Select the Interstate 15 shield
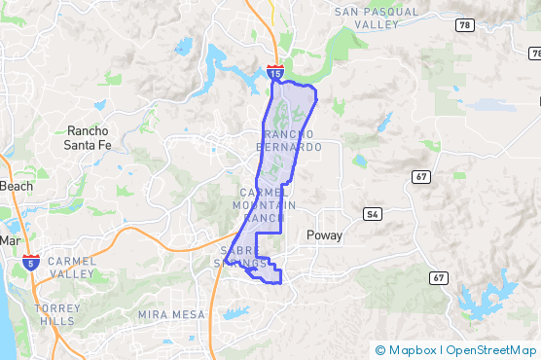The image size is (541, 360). pyautogui.click(x=275, y=72)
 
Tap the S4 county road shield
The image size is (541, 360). pyautogui.click(x=372, y=213)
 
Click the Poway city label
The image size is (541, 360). pyautogui.click(x=325, y=235)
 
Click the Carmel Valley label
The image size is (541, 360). pyautogui.click(x=72, y=268)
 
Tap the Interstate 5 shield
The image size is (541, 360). pyautogui.click(x=32, y=262)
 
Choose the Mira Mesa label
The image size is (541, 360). pyautogui.click(x=171, y=314)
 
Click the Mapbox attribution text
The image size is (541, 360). pyautogui.click(x=411, y=350)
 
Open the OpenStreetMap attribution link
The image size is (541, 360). pyautogui.click(x=491, y=350)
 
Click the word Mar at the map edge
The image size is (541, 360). pyautogui.click(x=11, y=240)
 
